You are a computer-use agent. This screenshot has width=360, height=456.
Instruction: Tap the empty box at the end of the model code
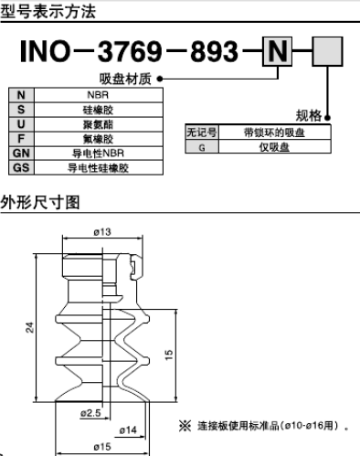click(x=328, y=53)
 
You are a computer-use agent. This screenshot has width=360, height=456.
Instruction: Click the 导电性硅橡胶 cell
click(x=98, y=168)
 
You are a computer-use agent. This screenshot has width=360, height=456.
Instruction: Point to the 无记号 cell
click(x=201, y=133)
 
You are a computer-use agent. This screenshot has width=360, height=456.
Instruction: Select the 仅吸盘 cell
click(x=273, y=146)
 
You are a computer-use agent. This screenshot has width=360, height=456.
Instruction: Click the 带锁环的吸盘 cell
click(x=273, y=133)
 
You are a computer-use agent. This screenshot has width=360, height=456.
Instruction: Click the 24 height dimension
click(x=29, y=327)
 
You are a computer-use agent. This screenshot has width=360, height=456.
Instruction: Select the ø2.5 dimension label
click(x=90, y=413)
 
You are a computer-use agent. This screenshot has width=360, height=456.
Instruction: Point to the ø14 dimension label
click(x=128, y=429)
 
